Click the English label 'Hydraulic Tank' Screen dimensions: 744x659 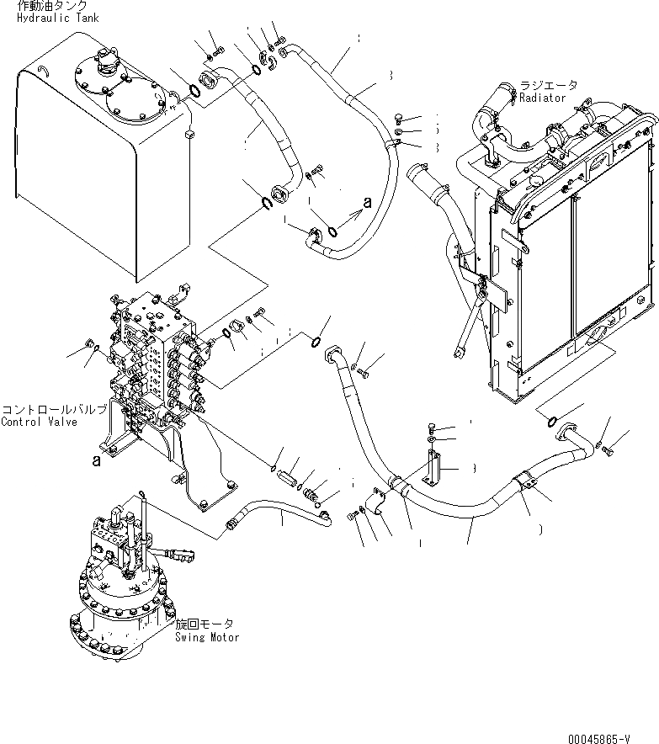pyautogui.click(x=56, y=18)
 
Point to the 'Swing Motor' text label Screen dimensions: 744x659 pyautogui.click(x=207, y=637)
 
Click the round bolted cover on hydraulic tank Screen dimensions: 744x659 pyautogui.click(x=118, y=90)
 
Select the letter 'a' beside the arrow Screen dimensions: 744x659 pyautogui.click(x=367, y=202)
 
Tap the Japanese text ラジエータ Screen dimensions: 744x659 pyautogui.click(x=549, y=86)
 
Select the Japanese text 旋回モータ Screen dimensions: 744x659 pyautogui.click(x=205, y=624)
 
